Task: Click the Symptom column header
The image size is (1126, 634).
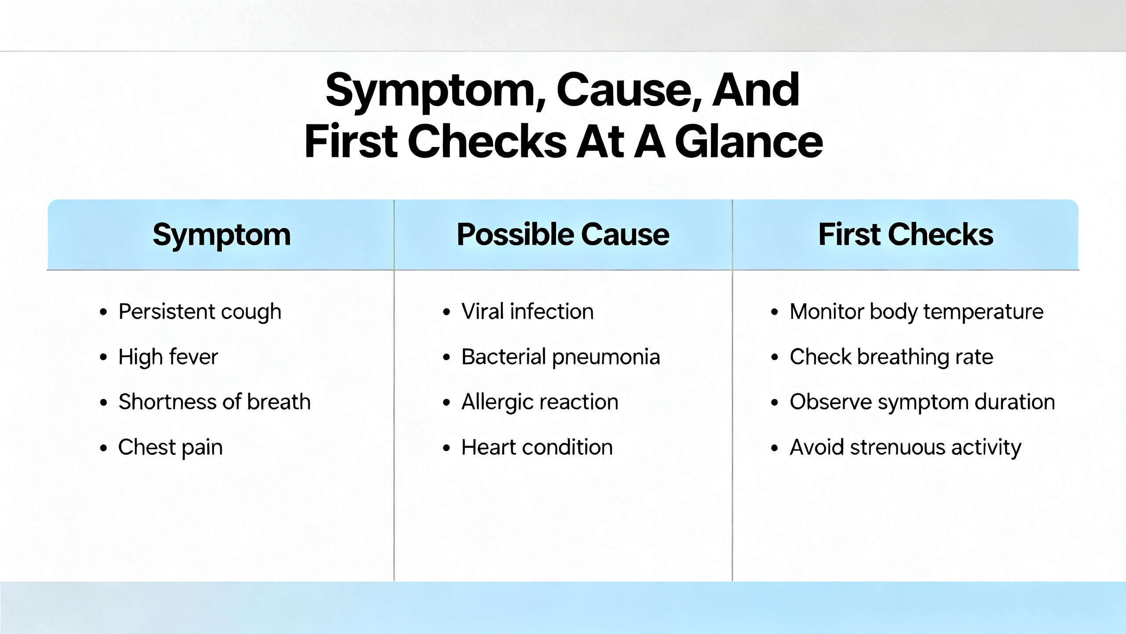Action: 222,235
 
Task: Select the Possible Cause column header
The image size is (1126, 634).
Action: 563,234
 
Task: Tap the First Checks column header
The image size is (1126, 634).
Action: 906,234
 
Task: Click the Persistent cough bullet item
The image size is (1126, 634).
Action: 200,312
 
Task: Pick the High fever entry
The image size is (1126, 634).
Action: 168,357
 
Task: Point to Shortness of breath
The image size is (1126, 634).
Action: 215,402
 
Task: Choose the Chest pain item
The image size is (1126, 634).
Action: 170,448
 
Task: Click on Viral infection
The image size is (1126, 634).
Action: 527,312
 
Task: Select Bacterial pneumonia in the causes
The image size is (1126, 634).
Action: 561,357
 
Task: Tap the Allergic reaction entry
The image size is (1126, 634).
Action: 540,402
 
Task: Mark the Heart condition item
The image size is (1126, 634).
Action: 537,447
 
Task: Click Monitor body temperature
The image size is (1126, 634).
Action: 917,312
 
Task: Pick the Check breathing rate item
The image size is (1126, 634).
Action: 892,357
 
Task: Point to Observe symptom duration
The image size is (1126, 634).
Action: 922,402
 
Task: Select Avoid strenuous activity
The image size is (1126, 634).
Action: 906,448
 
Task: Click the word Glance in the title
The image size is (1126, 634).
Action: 749,142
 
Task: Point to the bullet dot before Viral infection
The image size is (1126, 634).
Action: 447,313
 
